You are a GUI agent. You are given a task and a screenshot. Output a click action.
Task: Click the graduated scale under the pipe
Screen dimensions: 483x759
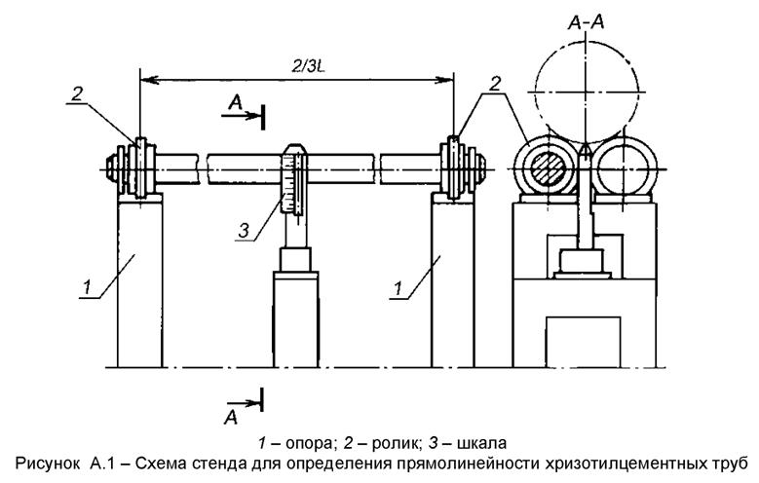[x=289, y=184]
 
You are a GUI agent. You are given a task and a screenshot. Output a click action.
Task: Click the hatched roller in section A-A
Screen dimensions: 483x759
[x=548, y=170]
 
